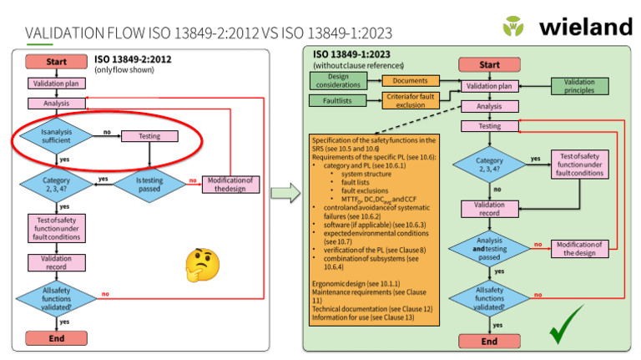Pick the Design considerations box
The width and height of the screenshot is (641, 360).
point(338,81)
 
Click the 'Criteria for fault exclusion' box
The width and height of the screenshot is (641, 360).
point(410,100)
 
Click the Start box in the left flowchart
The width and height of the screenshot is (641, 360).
point(57,62)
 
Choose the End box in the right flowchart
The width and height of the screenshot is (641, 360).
point(489,341)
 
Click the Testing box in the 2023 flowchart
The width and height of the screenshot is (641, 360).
point(489,126)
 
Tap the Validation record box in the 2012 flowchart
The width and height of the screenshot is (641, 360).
point(57,261)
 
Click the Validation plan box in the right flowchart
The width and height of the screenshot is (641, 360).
point(489,86)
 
